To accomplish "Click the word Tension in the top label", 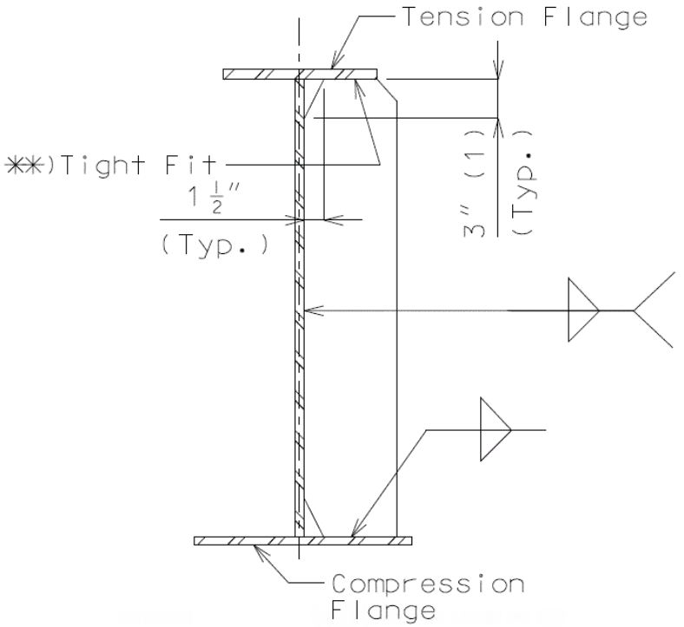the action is [463, 17].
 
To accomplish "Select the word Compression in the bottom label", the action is [428, 584].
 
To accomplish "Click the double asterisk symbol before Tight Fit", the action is [24, 165].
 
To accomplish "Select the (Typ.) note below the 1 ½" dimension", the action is [215, 245].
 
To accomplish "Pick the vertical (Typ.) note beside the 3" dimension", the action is [523, 183].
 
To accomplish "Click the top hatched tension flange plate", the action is [299, 74].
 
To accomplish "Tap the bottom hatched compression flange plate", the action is [303, 541].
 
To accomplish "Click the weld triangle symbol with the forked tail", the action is [583, 310].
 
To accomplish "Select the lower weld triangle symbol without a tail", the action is [496, 429].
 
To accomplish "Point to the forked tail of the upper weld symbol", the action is [654, 310].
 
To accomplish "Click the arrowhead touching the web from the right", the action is [313, 310].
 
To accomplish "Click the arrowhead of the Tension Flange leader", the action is [338, 61].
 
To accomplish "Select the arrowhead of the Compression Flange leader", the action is [261, 553].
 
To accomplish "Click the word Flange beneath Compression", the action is [384, 611].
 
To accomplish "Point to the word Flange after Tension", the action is [595, 18].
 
